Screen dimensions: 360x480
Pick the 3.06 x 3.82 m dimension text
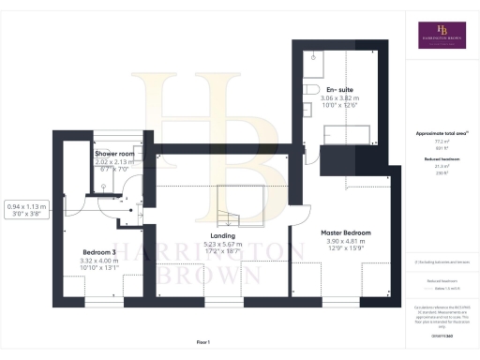point(340,97)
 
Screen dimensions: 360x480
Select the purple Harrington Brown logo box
point(442,35)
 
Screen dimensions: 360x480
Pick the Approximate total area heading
point(442,133)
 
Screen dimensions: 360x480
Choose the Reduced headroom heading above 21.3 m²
point(442,161)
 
